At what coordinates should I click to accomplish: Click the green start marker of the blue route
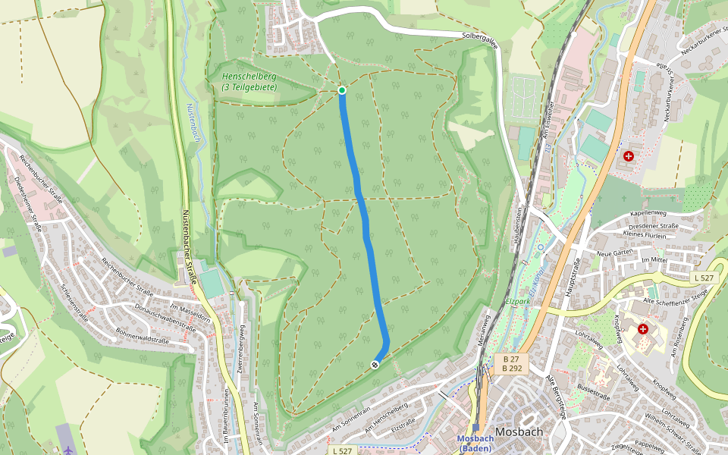pyautogui.click(x=342, y=90)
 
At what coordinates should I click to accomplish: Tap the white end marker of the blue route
pyautogui.click(x=375, y=365)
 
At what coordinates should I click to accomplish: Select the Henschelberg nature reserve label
pyautogui.click(x=249, y=82)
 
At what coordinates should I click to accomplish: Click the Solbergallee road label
pyautogui.click(x=480, y=39)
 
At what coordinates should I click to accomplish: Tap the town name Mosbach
pyautogui.click(x=519, y=432)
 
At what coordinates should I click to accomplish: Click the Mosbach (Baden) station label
pyautogui.click(x=475, y=444)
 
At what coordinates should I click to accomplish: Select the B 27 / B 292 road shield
pyautogui.click(x=512, y=363)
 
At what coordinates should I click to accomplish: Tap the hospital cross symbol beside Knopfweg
pyautogui.click(x=643, y=329)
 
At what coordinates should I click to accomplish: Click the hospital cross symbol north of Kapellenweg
pyautogui.click(x=629, y=156)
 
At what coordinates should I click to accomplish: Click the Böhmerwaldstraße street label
pyautogui.click(x=142, y=335)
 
